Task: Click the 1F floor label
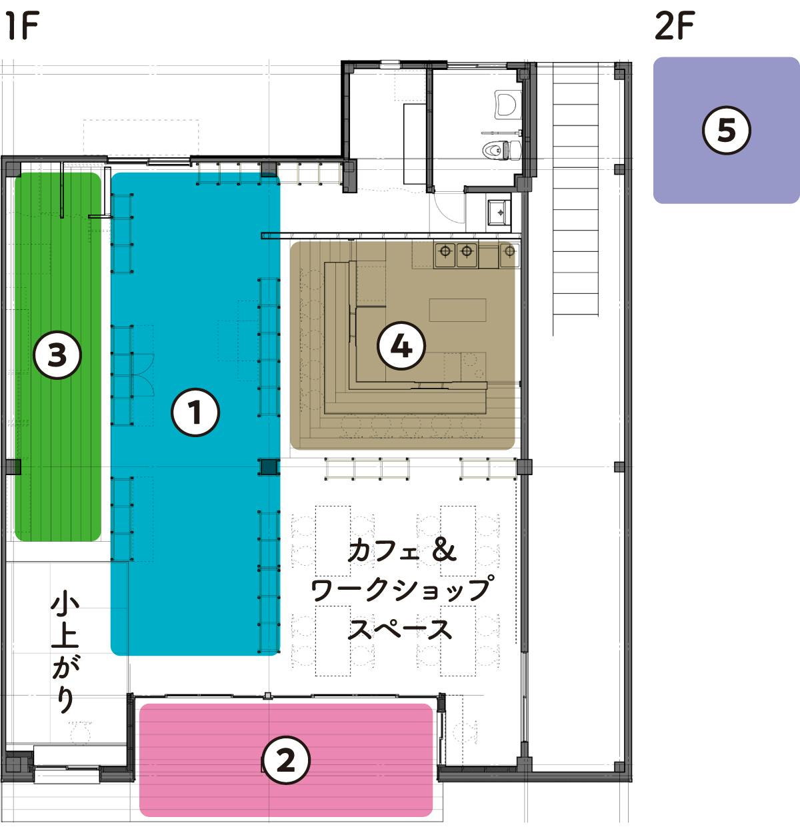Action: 22,26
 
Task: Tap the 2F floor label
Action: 675,26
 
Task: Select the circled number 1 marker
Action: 195,413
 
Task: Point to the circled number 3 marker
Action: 57,355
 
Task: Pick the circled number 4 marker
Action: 401,346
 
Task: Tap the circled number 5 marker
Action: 727,130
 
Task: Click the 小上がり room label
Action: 65,652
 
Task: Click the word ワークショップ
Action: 402,590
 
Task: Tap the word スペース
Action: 400,629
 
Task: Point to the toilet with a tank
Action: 501,150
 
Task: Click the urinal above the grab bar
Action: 508,103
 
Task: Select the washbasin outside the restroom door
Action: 499,212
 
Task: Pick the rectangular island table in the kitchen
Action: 457,310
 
